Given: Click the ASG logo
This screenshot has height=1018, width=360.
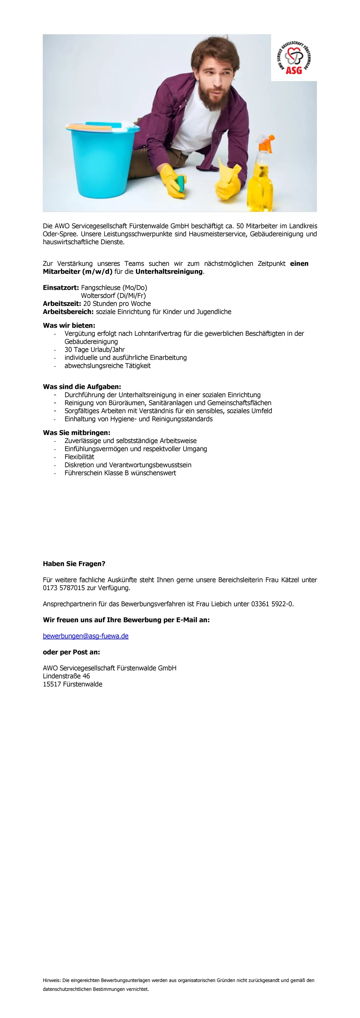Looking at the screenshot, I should click(x=294, y=58).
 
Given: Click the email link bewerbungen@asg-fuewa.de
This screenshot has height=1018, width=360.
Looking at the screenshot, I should click(x=86, y=636).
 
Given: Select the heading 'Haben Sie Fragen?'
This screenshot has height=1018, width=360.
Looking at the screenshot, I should click(x=74, y=563).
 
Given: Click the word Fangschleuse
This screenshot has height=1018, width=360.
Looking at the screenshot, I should click(x=101, y=288).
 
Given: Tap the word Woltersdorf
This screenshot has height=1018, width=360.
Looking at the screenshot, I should click(x=98, y=296).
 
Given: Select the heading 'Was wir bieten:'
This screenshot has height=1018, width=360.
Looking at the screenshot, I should click(x=69, y=326).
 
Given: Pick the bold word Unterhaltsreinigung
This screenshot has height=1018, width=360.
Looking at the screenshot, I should click(x=169, y=272).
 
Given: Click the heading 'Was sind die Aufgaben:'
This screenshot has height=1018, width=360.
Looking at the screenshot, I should click(x=82, y=386).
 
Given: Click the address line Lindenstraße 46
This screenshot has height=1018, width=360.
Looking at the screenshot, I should click(x=66, y=676).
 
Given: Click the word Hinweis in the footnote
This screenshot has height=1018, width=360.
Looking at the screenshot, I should click(x=51, y=980).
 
